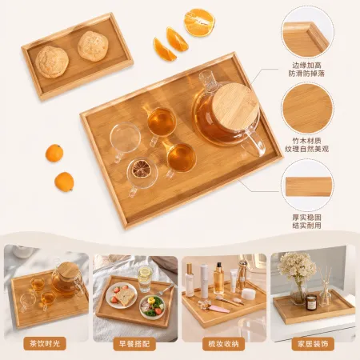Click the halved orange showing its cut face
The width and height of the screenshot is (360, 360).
tap(199, 22)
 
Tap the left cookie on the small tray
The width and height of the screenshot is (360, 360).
tap(52, 62)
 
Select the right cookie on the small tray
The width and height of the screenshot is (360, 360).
tap(93, 46)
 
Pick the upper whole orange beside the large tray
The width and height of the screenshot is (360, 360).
tap(54, 153)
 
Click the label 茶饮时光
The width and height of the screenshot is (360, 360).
tap(45, 344)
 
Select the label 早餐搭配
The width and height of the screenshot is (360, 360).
tap(134, 344)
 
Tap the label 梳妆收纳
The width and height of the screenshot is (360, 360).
tap(223, 344)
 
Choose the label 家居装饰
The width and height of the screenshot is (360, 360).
tap(313, 344)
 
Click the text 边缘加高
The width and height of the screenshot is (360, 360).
tap(306, 66)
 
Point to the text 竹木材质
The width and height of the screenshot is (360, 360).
tap(306, 141)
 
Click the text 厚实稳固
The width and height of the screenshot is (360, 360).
tap(306, 218)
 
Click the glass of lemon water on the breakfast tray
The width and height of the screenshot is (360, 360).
tap(145, 280)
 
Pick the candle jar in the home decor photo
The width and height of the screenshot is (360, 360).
tap(311, 302)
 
